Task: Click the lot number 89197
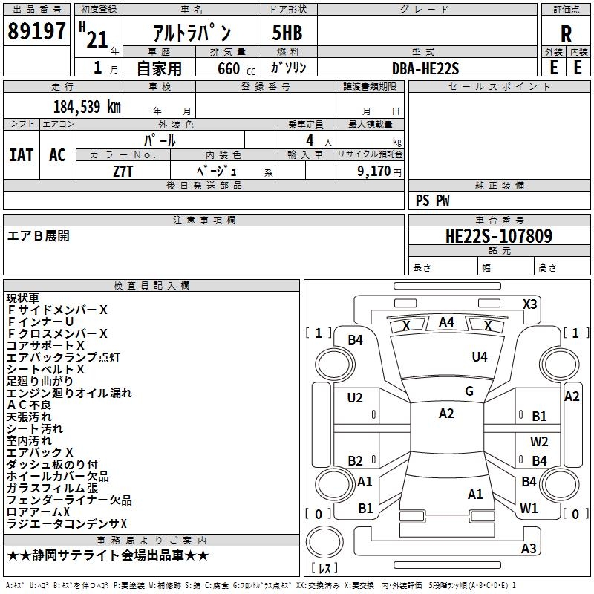click(x=36, y=30)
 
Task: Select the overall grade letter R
click(x=566, y=34)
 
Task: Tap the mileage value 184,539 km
click(x=87, y=107)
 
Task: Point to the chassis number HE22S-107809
click(x=499, y=235)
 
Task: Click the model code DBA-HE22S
click(x=425, y=68)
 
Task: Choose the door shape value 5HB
click(x=287, y=33)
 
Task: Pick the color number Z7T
click(x=123, y=172)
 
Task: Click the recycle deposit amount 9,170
click(x=374, y=172)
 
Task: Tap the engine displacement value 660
click(x=229, y=68)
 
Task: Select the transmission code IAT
click(x=22, y=155)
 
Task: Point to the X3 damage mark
click(x=529, y=304)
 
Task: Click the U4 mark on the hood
click(x=480, y=356)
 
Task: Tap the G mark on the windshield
click(x=469, y=391)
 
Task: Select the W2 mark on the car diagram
click(x=539, y=441)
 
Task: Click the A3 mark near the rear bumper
click(x=529, y=548)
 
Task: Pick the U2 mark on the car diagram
click(x=355, y=398)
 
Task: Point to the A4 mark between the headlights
click(x=446, y=322)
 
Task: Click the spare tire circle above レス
click(x=324, y=543)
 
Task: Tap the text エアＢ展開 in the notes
click(x=39, y=235)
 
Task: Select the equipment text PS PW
click(x=432, y=200)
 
